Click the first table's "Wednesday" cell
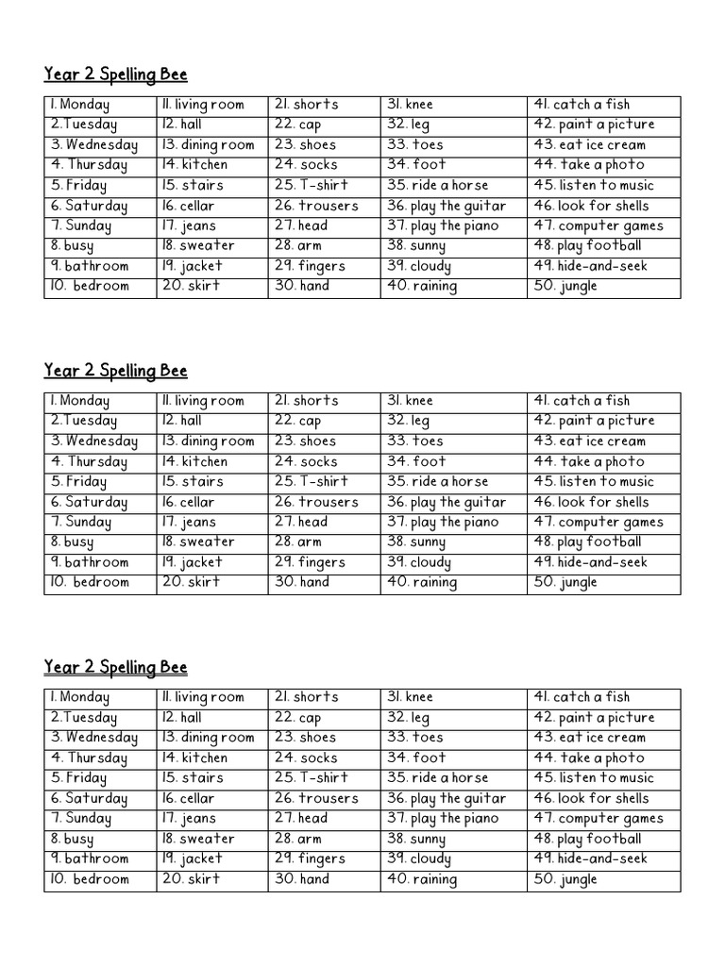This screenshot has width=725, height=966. pyautogui.click(x=102, y=144)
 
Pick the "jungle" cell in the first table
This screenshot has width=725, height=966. pyautogui.click(x=579, y=286)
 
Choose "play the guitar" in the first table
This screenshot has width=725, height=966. pyautogui.click(x=459, y=206)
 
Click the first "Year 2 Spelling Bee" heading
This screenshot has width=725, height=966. pyautogui.click(x=115, y=75)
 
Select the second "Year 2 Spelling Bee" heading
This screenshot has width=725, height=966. pyautogui.click(x=115, y=371)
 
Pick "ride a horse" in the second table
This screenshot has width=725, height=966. pyautogui.click(x=449, y=481)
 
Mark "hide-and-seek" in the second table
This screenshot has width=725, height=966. pyautogui.click(x=603, y=562)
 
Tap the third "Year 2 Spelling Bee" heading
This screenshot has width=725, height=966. pyautogui.click(x=115, y=668)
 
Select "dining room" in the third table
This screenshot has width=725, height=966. pyautogui.click(x=218, y=738)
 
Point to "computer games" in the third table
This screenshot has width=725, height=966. pyautogui.click(x=611, y=818)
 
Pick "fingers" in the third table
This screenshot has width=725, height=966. pyautogui.click(x=322, y=858)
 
